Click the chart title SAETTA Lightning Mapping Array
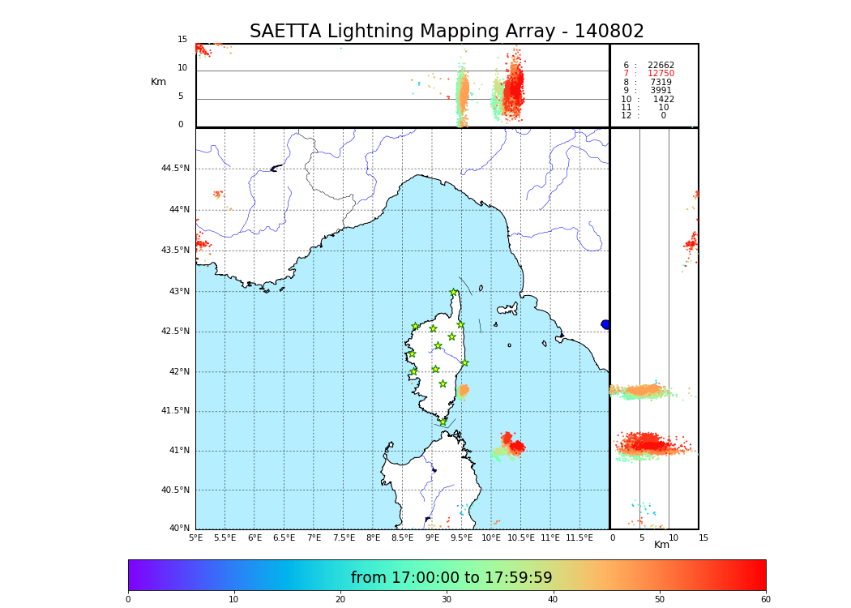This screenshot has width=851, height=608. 447,32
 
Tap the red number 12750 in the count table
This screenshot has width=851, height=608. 661,74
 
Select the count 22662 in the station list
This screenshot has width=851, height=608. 661,66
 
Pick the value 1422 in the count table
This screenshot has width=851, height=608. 663,100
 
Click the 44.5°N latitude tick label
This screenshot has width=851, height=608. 175,169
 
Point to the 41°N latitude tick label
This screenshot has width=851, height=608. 178,451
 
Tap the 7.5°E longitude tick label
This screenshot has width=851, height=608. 344,537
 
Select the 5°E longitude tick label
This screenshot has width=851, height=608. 196,537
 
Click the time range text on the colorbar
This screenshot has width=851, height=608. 451,578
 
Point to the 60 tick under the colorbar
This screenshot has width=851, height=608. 765,600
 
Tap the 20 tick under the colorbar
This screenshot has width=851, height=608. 340,600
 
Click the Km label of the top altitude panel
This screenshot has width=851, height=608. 158,82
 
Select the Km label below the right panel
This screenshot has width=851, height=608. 661,545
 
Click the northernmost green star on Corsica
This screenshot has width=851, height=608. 454,293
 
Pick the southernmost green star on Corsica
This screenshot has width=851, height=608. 443,422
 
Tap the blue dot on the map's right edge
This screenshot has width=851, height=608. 605,324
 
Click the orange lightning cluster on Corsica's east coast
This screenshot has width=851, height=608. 463,391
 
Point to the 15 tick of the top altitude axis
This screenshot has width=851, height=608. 182,40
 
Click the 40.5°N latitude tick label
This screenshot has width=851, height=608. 175,490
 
